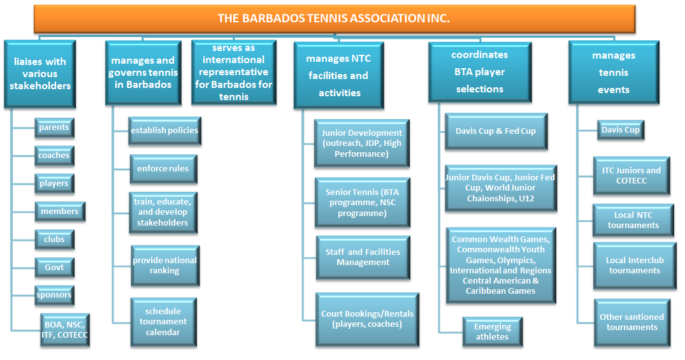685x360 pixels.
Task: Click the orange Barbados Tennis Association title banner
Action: tap(334, 18)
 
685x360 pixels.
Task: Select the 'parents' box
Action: tap(54, 127)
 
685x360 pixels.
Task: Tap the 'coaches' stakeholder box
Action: tap(54, 155)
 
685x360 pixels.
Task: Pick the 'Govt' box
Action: tap(54, 268)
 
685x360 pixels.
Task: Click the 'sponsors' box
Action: tap(54, 296)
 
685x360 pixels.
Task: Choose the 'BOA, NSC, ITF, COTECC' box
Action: tap(64, 330)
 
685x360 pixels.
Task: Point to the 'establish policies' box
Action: tap(164, 131)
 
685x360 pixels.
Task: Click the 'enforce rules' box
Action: tap(163, 169)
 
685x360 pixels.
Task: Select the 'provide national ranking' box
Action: tap(165, 266)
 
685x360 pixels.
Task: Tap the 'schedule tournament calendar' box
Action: tap(163, 322)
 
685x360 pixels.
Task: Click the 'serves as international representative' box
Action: tap(234, 73)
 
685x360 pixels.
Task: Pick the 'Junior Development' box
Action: tap(362, 143)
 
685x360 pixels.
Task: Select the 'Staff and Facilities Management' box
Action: tap(363, 257)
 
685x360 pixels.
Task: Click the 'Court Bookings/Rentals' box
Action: tap(368, 319)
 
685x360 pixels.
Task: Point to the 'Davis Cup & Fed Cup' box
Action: tap(496, 131)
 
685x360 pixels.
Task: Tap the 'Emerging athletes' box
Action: tap(493, 331)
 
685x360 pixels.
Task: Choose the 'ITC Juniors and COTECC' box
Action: tap(631, 176)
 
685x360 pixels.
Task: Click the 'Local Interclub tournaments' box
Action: tap(634, 266)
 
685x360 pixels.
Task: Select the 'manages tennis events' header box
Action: tap(614, 73)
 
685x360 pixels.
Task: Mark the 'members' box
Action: tap(60, 212)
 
